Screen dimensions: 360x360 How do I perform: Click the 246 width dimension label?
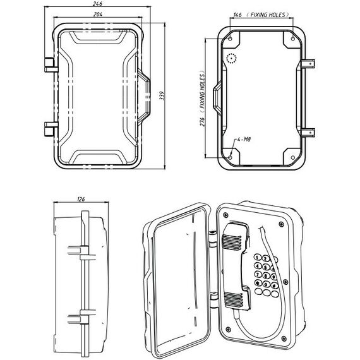click(97, 3)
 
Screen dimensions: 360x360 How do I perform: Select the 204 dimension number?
click(98, 14)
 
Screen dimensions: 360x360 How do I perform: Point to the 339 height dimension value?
click(162, 95)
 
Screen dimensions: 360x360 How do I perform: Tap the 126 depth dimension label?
click(81, 199)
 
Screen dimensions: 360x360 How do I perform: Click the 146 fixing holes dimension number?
click(237, 15)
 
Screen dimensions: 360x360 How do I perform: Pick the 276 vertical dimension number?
click(202, 121)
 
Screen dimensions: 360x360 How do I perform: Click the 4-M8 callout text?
click(244, 139)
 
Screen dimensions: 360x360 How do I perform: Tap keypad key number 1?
click(258, 257)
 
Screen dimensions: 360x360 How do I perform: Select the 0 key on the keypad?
click(266, 285)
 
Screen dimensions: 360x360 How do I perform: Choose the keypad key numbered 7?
click(258, 273)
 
